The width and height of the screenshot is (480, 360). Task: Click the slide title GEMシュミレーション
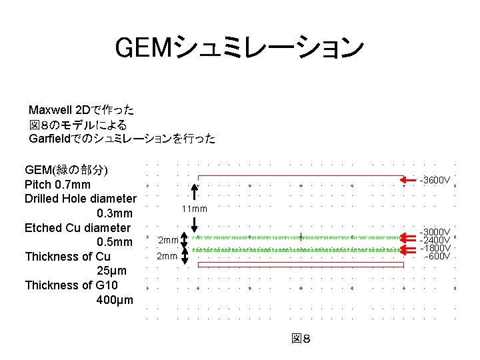point(240,47)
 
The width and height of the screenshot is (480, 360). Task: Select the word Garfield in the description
point(53,139)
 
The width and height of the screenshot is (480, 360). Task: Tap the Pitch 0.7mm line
point(57,184)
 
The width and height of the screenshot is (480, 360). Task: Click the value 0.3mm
point(115,213)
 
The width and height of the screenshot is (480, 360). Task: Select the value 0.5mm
point(115,242)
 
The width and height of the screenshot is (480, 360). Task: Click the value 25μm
point(115,271)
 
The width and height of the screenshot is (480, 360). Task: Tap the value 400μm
point(115,300)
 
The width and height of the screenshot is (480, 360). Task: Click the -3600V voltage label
point(435,180)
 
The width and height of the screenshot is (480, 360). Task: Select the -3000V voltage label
point(435,233)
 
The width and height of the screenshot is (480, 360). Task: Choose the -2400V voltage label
point(435,240)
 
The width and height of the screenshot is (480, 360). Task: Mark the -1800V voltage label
point(435,248)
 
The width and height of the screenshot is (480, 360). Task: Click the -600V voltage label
point(437,256)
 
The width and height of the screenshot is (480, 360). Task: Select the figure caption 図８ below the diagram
point(301,339)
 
